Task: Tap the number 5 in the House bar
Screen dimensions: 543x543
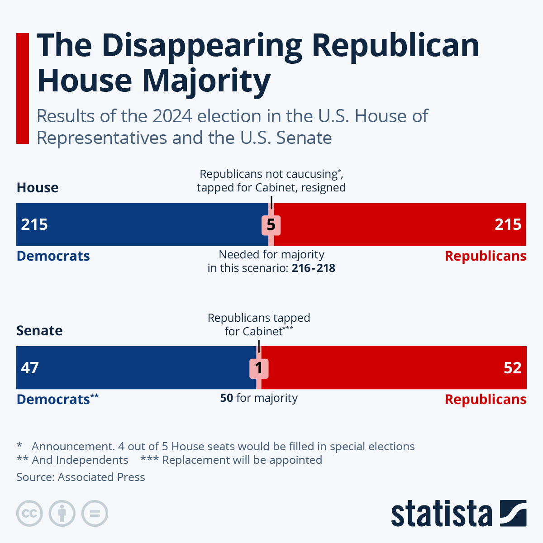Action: (271, 225)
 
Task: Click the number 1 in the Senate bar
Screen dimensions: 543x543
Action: (259, 368)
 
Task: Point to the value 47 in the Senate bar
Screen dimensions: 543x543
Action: (30, 368)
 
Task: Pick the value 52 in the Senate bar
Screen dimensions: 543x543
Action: (513, 368)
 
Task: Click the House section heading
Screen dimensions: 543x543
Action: (38, 188)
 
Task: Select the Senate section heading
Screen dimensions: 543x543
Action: (39, 331)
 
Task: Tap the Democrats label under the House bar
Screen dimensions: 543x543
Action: (53, 256)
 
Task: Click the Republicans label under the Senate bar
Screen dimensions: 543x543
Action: (486, 400)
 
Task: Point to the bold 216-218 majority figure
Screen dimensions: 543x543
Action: (314, 268)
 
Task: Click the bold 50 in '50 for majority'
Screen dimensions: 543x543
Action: (227, 398)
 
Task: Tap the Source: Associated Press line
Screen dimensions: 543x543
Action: (81, 477)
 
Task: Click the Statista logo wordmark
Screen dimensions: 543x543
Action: (441, 514)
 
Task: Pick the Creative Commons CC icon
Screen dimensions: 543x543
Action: (30, 514)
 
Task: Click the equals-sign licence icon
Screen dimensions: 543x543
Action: (95, 514)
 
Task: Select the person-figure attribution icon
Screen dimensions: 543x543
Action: (62, 514)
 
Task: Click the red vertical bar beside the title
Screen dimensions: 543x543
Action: (23, 88)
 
